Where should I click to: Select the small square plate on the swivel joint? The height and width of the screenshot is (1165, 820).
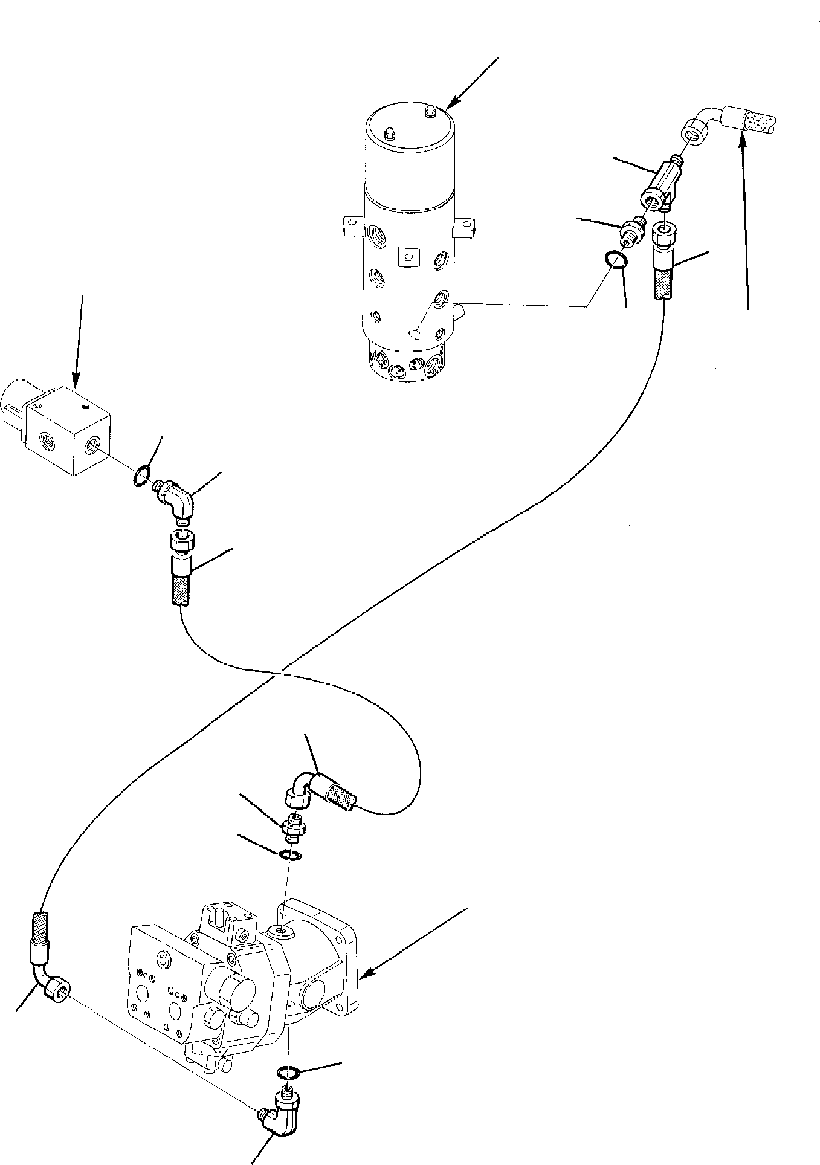[x=403, y=259]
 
